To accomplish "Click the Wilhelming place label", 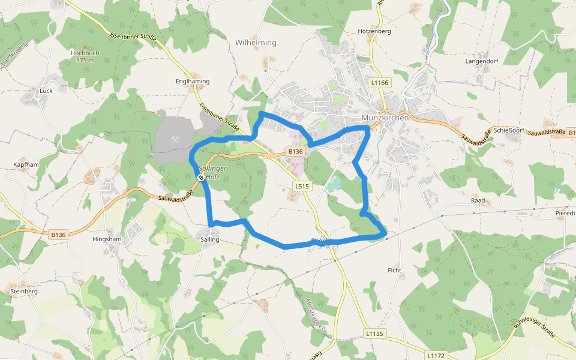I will coord(256,43).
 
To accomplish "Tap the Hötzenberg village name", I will coord(374,31).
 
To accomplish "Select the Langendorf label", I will coord(482,61).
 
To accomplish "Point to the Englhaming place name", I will coord(193,81).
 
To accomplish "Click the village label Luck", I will coord(46,91).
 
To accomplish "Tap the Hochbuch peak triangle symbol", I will coord(85,46).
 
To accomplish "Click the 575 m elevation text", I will coord(85,61).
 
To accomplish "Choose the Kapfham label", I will coord(26,164).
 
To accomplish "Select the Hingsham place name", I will coord(107,239).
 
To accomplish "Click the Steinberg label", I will coord(24,291).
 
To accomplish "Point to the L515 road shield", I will coord(302,187).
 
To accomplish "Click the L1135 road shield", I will coord(374,334).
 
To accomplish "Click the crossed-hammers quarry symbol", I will coord(176,139).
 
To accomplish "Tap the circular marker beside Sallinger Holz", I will coord(200,178).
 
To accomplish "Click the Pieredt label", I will coord(565,213).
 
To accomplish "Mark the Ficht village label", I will coord(394,271).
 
